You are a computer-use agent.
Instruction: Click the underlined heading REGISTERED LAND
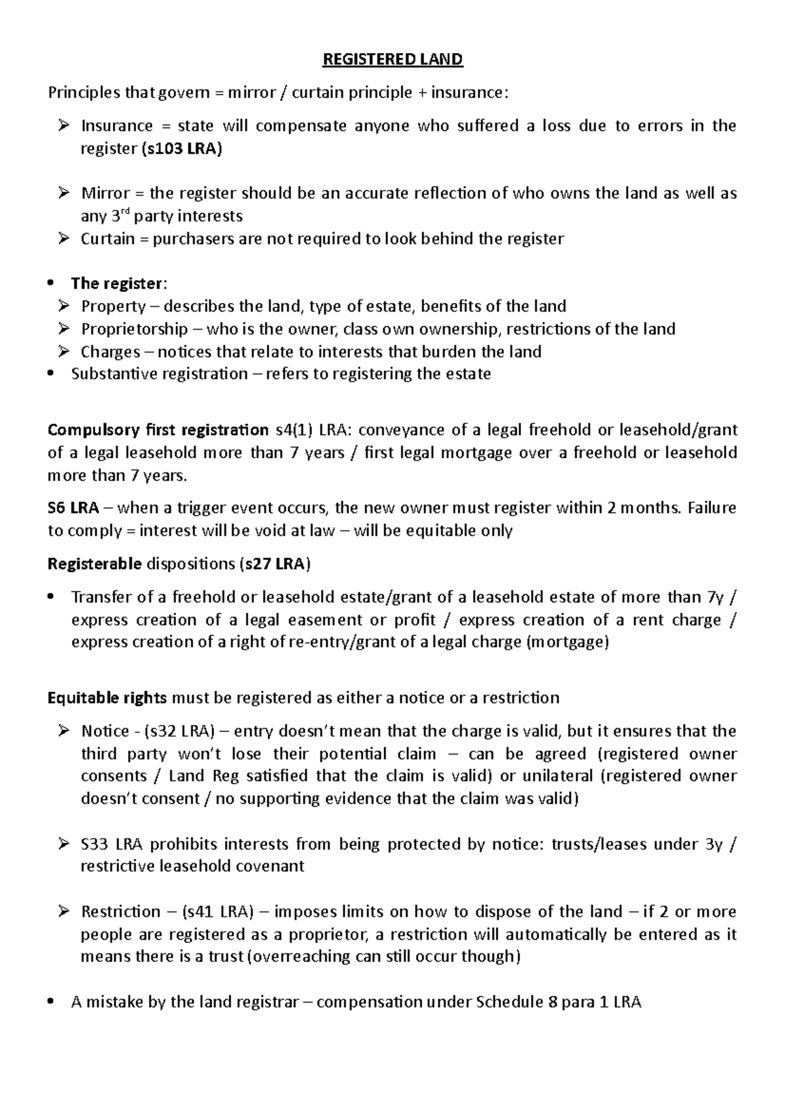392,60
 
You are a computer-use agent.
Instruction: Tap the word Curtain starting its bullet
108,239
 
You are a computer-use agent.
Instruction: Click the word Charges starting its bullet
110,351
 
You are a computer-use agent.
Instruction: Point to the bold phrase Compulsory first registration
158,430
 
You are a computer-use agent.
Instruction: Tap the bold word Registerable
94,564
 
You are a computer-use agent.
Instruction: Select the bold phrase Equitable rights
107,697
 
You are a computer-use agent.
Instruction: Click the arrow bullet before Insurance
63,126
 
